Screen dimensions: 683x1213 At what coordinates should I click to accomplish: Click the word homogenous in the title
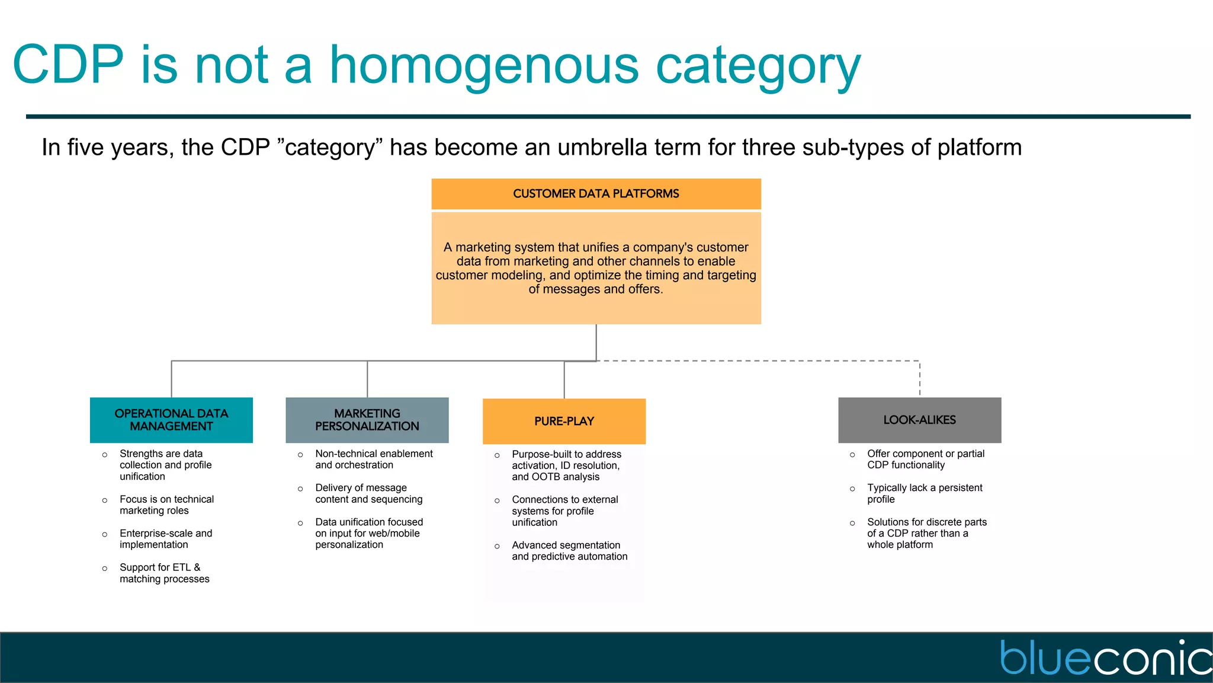coord(484,65)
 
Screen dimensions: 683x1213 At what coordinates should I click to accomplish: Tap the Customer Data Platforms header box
coord(596,194)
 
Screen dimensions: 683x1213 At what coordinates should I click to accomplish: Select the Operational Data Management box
coord(171,420)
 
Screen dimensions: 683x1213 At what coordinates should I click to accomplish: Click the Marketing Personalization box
coord(367,420)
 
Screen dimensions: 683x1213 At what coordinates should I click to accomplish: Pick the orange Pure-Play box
coord(564,421)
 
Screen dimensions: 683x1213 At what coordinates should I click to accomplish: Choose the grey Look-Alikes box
coord(919,420)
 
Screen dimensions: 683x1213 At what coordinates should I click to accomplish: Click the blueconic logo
coord(1105,658)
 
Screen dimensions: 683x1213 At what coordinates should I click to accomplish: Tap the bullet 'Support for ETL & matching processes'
coord(164,573)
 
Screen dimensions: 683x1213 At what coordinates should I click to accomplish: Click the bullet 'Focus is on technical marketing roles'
coord(166,505)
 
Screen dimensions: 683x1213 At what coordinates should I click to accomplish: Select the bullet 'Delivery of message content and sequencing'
coord(368,493)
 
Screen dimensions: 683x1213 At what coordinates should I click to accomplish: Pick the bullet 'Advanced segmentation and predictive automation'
coord(569,550)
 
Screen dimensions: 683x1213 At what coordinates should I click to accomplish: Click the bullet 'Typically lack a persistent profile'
coord(924,493)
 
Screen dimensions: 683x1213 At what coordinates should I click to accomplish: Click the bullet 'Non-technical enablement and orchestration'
coord(373,459)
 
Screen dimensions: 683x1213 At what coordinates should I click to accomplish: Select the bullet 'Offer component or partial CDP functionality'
coord(925,459)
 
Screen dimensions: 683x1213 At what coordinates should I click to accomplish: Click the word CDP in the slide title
coord(68,65)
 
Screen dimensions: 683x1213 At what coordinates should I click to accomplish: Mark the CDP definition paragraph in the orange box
coord(596,268)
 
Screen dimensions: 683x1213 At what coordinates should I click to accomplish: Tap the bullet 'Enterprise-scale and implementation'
coord(165,538)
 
